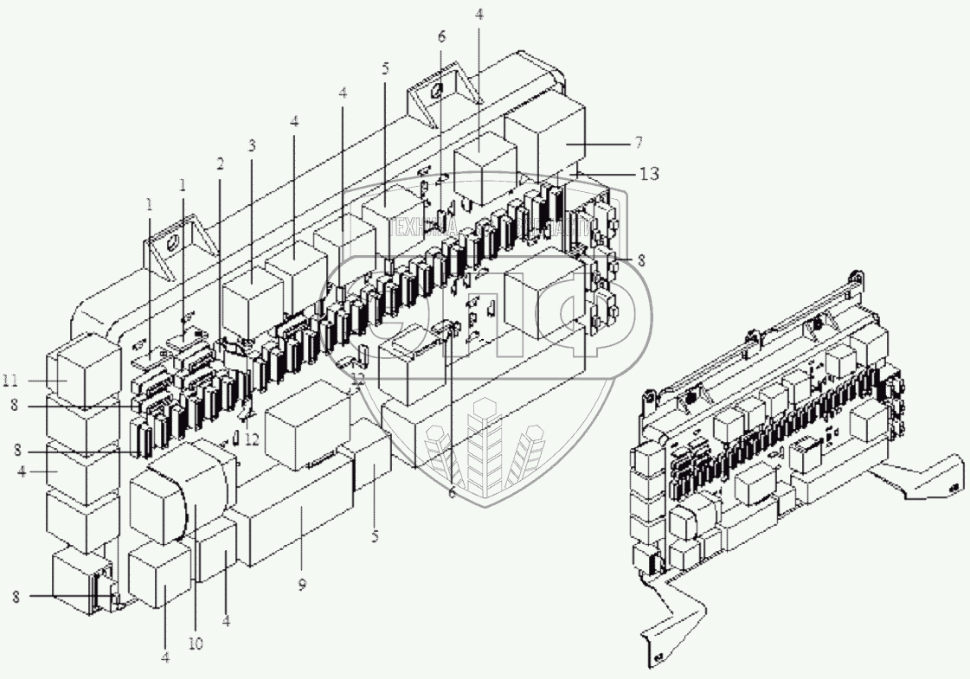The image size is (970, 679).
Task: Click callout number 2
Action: tap(221, 163)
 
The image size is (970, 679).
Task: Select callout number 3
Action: tap(252, 145)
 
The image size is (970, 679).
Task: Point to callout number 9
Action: tap(302, 586)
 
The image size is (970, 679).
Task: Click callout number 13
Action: tap(650, 174)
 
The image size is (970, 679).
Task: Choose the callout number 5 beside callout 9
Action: tap(375, 535)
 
